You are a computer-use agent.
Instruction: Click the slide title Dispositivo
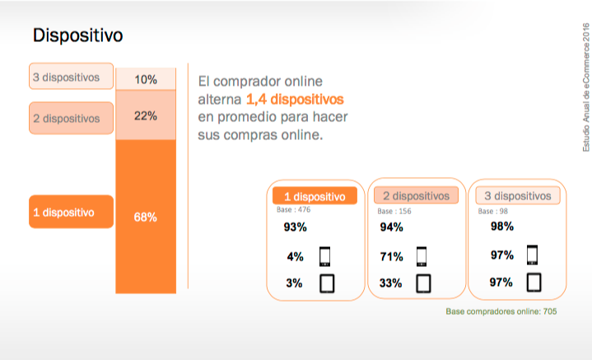point(77,36)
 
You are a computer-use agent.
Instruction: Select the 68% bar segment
point(146,217)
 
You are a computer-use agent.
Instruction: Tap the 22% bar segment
point(146,116)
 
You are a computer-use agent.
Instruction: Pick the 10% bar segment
point(146,79)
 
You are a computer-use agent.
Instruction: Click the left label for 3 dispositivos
point(72,77)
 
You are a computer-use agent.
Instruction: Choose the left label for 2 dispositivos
point(71,118)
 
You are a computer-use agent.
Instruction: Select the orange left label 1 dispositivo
point(71,213)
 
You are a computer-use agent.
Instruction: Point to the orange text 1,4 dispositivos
point(295,99)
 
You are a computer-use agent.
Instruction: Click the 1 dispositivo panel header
point(315,197)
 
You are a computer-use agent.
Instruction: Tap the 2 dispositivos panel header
point(417,196)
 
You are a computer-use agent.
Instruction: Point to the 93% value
point(295,227)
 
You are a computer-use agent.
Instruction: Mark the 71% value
point(392,256)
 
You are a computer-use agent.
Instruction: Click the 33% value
point(391,283)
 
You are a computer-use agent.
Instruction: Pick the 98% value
point(501,227)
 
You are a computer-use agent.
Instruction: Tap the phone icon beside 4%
point(324,256)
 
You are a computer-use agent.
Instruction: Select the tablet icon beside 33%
point(424,283)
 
